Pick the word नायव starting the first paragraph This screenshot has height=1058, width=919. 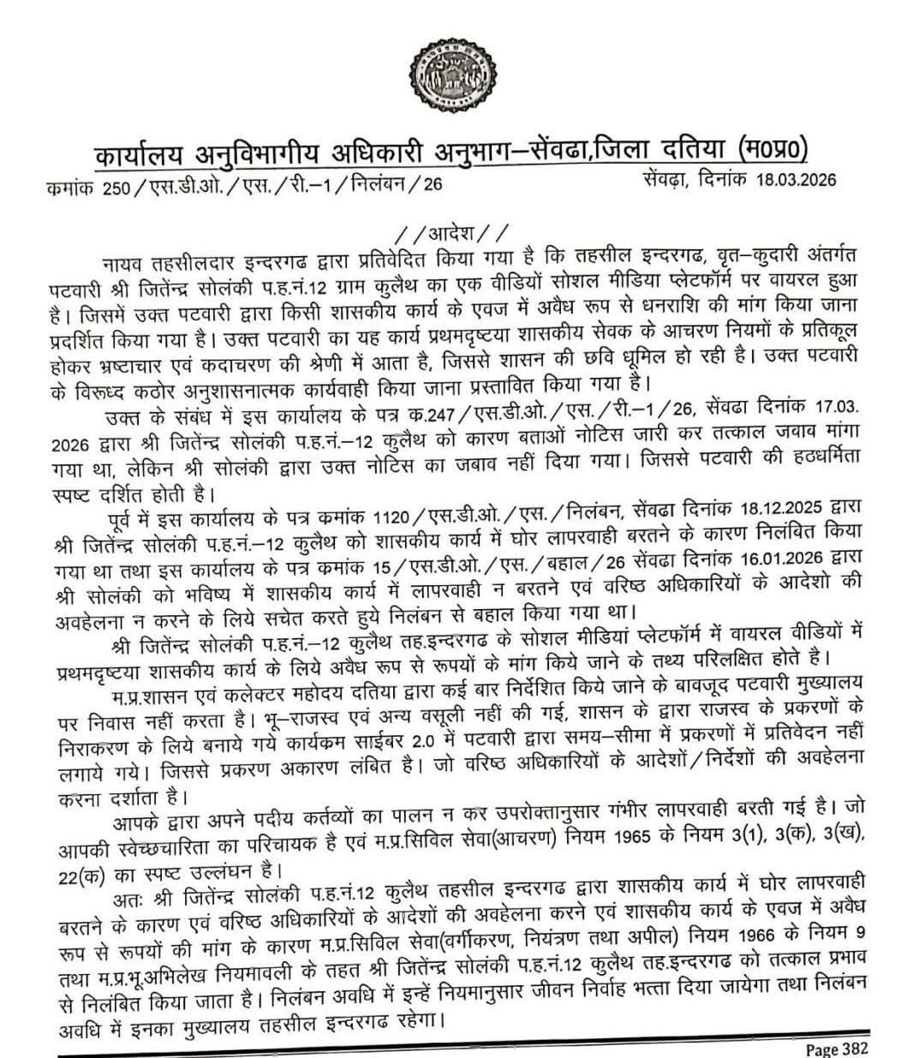pyautogui.click(x=124, y=260)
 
